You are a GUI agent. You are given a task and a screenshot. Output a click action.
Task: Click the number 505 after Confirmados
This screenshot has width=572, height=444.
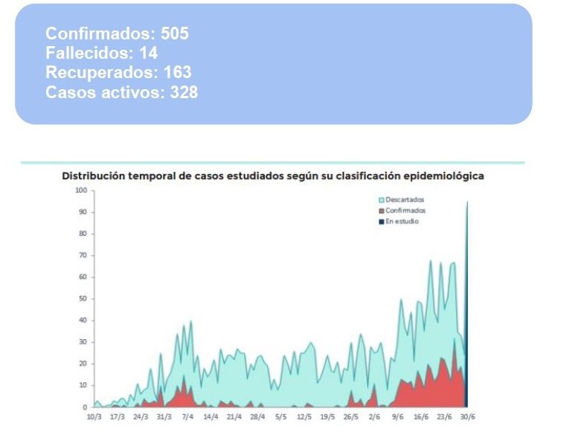coord(175,34)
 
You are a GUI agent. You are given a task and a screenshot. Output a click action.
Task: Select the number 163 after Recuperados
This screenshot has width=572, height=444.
coord(178,73)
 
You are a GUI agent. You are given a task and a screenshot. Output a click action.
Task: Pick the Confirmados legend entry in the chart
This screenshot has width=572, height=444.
coord(405,210)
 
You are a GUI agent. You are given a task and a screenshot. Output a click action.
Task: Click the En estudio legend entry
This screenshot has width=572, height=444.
coord(402,222)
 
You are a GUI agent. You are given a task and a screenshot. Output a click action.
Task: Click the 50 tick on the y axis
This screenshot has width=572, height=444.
coord(83,299)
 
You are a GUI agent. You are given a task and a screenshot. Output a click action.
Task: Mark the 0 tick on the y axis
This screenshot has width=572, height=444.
coord(86,408)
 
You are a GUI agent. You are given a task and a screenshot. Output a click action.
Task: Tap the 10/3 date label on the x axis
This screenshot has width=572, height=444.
coord(94,417)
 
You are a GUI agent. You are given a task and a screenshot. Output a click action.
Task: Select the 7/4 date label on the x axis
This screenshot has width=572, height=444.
coord(187,417)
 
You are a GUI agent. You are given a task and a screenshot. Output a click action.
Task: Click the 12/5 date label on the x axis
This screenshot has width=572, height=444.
coord(303,417)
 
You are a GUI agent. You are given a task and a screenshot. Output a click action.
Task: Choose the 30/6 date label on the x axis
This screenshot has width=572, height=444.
coord(467,417)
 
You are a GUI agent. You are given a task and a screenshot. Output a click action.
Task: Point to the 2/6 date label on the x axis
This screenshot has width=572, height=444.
coord(373,417)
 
